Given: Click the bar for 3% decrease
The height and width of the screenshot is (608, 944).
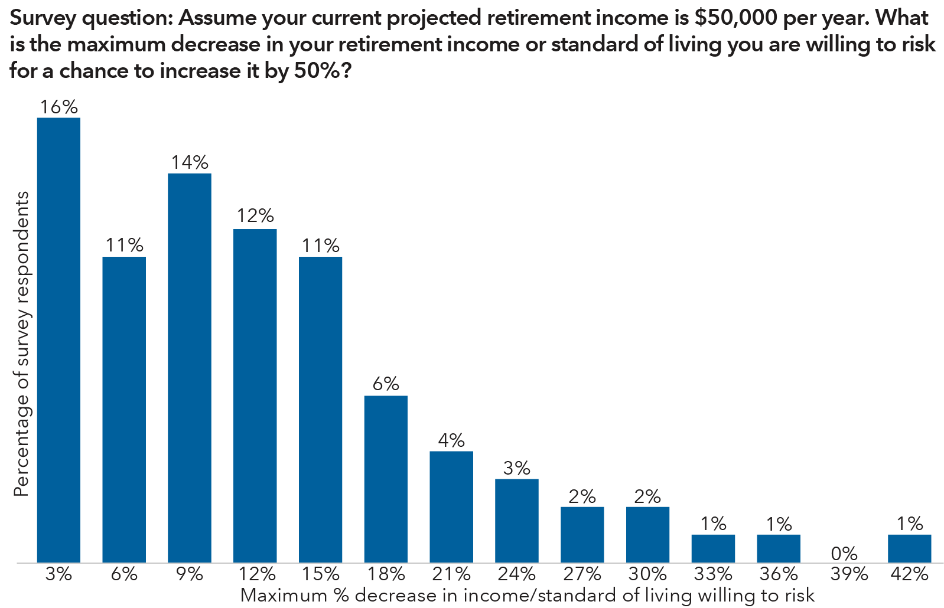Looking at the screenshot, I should point(58,340).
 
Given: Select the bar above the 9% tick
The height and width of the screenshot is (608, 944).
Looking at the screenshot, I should point(190,368).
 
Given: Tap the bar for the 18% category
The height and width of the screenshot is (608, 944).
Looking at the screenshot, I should point(386,479).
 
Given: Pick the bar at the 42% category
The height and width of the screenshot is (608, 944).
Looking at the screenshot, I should point(909,548).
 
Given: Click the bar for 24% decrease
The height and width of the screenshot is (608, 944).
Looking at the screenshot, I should point(517,521).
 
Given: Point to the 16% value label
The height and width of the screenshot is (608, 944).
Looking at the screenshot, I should point(59,107).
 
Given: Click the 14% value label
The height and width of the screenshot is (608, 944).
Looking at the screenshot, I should point(190,162).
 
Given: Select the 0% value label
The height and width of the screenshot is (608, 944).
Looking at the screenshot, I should point(844,554).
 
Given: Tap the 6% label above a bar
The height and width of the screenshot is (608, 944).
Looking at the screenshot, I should point(386,384).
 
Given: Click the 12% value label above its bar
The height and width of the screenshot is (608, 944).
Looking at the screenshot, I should point(255,215).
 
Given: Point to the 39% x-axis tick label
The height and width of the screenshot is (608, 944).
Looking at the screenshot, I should point(849,574).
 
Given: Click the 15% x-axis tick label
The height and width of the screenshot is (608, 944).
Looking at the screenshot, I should point(320,574).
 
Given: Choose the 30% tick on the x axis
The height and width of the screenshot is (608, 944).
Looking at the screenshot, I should point(647,574).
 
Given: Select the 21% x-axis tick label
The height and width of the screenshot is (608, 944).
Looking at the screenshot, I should point(451,574).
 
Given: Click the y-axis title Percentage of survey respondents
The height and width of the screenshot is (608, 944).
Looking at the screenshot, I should point(21,344).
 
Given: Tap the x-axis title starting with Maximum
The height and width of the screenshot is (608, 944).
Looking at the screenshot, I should point(527,595).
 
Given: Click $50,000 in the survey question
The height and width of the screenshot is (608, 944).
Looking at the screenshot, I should point(735,18).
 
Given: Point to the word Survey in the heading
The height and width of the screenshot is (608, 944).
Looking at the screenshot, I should point(43,18).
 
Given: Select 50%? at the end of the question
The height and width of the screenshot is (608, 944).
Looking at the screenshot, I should point(323,71).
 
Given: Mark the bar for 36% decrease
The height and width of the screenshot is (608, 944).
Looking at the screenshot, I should point(779,548).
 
